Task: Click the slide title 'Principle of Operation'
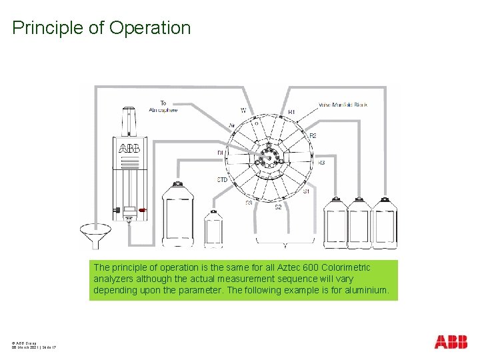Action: [x=101, y=28]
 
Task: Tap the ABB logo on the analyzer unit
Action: [x=129, y=148]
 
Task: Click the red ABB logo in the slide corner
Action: [x=451, y=342]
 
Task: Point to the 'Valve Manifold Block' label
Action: [x=343, y=105]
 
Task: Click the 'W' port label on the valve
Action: [x=243, y=110]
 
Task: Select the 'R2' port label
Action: [x=313, y=136]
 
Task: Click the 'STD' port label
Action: [x=223, y=180]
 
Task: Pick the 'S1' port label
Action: [x=306, y=191]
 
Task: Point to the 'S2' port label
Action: [x=279, y=207]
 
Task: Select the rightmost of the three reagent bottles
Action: [x=383, y=223]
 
